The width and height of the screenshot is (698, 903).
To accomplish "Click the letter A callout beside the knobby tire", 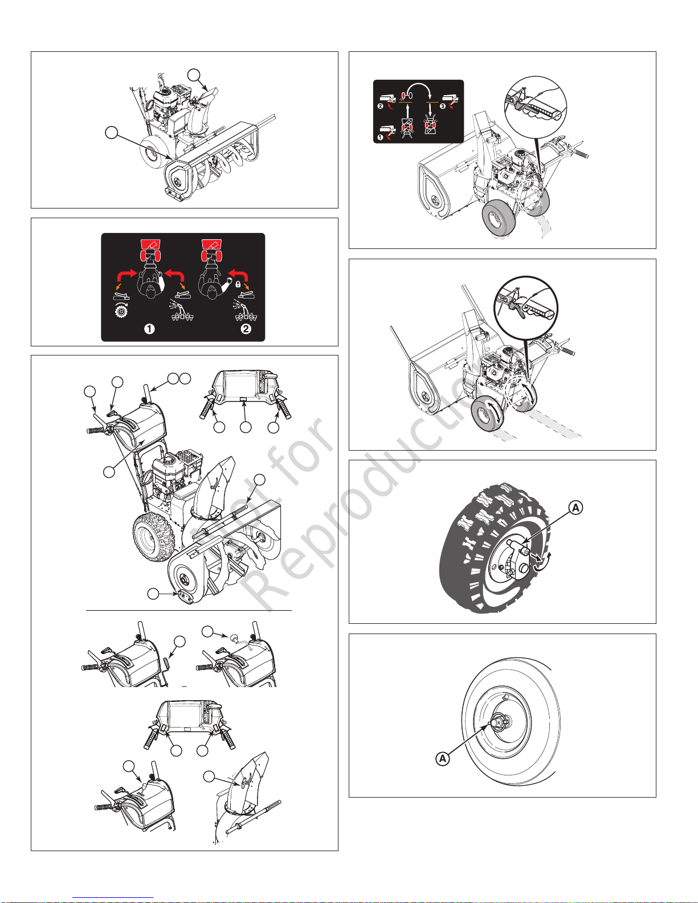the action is click(x=575, y=508).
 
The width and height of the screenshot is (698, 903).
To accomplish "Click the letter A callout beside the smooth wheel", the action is click(x=443, y=758).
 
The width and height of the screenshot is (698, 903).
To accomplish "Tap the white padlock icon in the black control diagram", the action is click(x=238, y=285).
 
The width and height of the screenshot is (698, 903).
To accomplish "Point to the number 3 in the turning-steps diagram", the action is click(x=443, y=106).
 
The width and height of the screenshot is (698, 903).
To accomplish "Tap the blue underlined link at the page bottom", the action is click(x=113, y=897).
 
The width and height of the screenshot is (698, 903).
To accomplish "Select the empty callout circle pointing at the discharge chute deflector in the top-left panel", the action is click(x=194, y=75).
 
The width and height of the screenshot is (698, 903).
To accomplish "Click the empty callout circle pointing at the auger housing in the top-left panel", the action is click(x=111, y=133).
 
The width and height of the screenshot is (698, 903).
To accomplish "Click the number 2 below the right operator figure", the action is click(x=246, y=329).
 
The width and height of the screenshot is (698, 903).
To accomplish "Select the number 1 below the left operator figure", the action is click(x=149, y=329).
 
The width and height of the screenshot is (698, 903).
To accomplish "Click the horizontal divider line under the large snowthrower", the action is click(x=189, y=610).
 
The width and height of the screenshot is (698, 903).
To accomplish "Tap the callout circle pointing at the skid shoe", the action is click(x=153, y=594).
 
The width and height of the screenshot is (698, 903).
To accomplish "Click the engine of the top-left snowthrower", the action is click(x=166, y=102).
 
